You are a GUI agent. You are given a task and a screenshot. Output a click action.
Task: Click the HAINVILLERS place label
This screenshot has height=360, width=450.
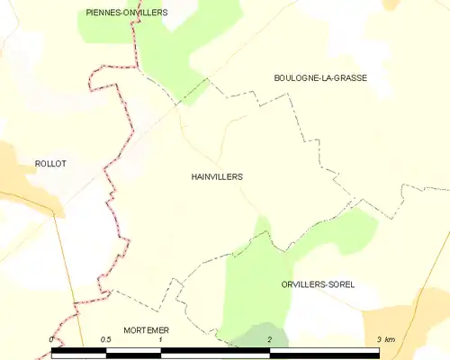coord(216,177)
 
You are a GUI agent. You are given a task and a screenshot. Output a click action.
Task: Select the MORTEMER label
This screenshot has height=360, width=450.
coord(146,330)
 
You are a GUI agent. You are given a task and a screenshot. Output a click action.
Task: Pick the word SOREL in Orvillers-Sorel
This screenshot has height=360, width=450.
coord(339,284)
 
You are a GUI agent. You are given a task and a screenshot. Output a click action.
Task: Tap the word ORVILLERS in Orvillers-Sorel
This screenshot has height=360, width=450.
coord(299,284)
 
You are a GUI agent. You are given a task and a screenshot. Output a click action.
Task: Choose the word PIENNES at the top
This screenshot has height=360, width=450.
coord(104,13)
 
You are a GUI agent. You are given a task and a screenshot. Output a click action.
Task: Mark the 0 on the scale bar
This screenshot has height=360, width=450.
coord(52,339)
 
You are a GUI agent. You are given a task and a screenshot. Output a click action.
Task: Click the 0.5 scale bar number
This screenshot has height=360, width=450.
coord(105,339)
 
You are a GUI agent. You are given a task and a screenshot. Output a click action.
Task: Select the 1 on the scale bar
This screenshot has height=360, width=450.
coord(160,339)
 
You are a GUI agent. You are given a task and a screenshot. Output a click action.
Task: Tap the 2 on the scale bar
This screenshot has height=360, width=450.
coord(269,339)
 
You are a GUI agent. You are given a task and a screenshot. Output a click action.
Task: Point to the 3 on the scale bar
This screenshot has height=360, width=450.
coord(379,339)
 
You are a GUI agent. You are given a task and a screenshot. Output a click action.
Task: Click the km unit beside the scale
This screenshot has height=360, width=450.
coord(390,339)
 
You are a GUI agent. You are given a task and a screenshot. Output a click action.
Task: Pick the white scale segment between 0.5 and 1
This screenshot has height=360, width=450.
coord(133,351)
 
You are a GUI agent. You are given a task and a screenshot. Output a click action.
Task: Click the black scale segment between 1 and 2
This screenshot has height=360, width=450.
coord(215,351)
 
